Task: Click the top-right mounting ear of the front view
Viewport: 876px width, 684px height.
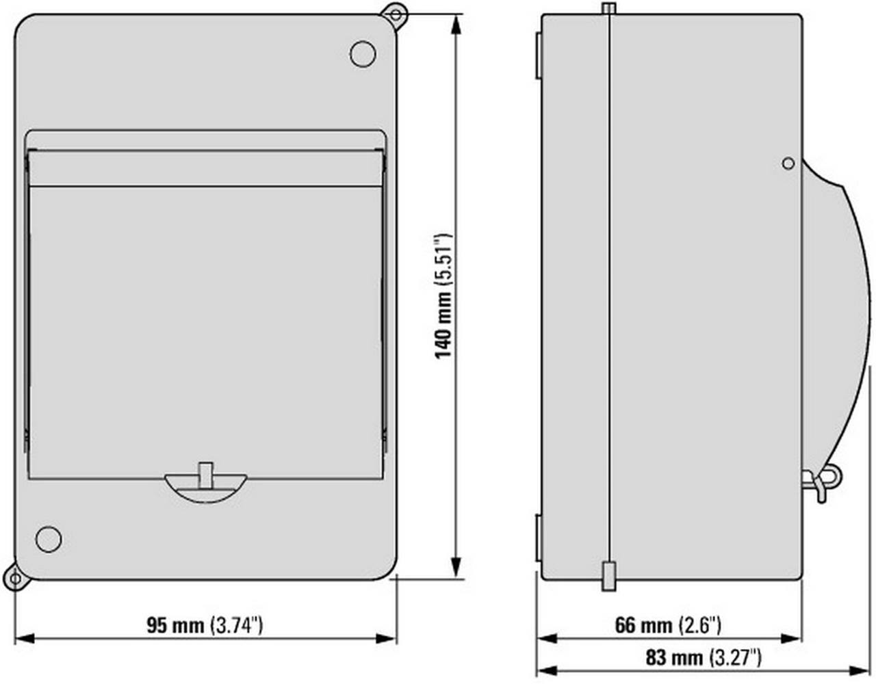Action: coord(395,14)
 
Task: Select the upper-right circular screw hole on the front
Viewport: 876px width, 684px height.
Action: coord(362,54)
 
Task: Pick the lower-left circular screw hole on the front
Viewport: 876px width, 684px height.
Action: coord(48,539)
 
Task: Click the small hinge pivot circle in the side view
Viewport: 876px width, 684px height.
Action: coord(788,163)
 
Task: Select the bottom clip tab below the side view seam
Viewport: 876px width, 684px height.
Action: coord(608,576)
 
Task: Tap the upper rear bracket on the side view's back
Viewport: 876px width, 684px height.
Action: coord(537,55)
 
